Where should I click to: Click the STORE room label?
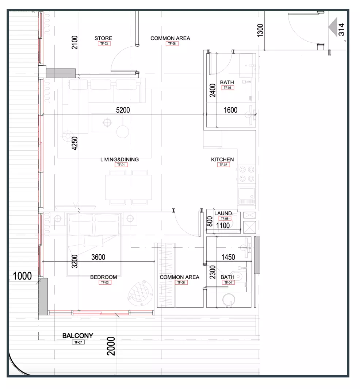pyautogui.click(x=103, y=38)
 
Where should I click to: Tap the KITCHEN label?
pyautogui.click(x=222, y=159)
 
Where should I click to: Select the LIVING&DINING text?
pyautogui.click(x=119, y=159)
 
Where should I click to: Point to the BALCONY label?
pyautogui.click(x=78, y=336)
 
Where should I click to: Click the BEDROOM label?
pyautogui.click(x=104, y=277)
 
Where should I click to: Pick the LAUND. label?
pyautogui.click(x=224, y=213)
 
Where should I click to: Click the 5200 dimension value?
pyautogui.click(x=123, y=110)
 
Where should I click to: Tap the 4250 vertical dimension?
pyautogui.click(x=74, y=143)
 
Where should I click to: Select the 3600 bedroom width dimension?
pyautogui.click(x=98, y=257)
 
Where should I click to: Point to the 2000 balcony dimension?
pyautogui.click(x=111, y=346)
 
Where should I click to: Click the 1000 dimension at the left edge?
pyautogui.click(x=22, y=276)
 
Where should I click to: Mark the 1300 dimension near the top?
pyautogui.click(x=260, y=31)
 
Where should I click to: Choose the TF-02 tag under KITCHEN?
pyautogui.click(x=223, y=165)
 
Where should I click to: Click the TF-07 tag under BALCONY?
pyautogui.click(x=78, y=342)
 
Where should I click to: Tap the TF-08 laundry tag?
pyautogui.click(x=225, y=219)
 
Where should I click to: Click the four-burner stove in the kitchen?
pyautogui.click(x=246, y=174)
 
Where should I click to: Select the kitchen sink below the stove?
pyautogui.click(x=246, y=196)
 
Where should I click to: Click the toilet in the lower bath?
pyautogui.click(x=238, y=276)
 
